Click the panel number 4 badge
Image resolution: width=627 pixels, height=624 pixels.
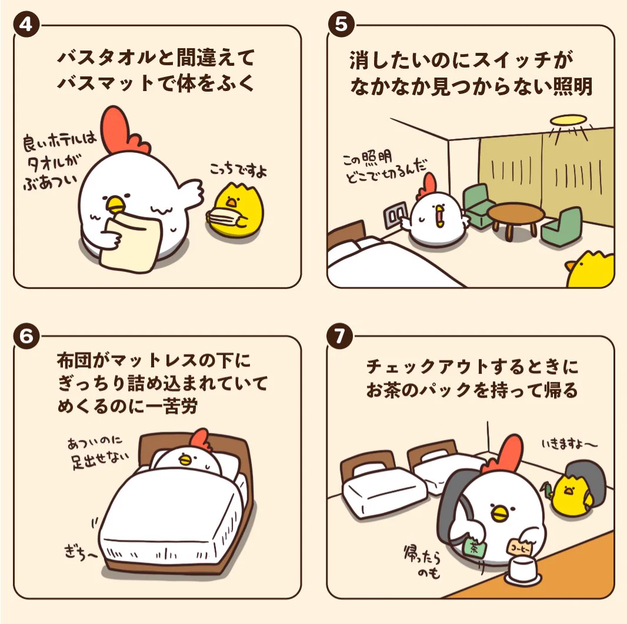coord(26,25)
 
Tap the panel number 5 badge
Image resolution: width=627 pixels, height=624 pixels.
coord(341,24)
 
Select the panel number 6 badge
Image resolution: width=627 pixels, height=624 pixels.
coord(26,336)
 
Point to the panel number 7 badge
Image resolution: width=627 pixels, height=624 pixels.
coord(340,336)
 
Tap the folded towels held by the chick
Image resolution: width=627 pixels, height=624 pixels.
coord(225,217)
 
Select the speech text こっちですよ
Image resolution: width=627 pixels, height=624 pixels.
coord(238,170)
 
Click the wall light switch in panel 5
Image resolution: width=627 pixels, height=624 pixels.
coord(395,215)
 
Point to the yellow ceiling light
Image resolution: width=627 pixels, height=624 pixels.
coord(568,120)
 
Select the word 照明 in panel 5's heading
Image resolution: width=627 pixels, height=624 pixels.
coord(573,86)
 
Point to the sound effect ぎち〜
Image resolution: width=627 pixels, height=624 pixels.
coord(80,553)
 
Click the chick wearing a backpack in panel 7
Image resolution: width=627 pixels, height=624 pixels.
coord(575,490)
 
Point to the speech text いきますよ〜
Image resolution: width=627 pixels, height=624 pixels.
coord(569,444)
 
